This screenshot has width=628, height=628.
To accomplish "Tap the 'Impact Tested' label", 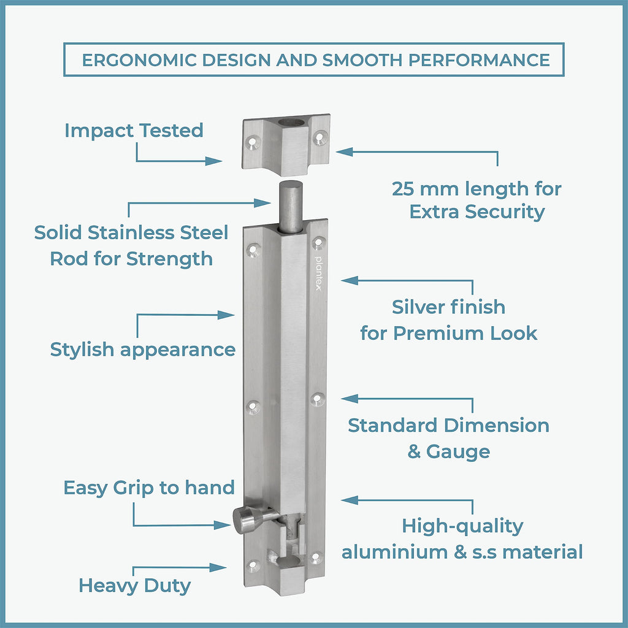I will point(134,130).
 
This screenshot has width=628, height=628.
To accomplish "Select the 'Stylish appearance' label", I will point(142,350).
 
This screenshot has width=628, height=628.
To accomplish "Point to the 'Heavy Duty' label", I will point(134,585).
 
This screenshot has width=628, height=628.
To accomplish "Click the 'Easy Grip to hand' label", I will point(149,488).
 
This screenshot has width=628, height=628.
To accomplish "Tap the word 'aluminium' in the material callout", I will point(394,551).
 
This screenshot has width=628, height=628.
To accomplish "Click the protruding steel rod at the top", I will point(291,205).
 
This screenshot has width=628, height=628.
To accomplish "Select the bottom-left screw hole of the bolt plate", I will point(252,565).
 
